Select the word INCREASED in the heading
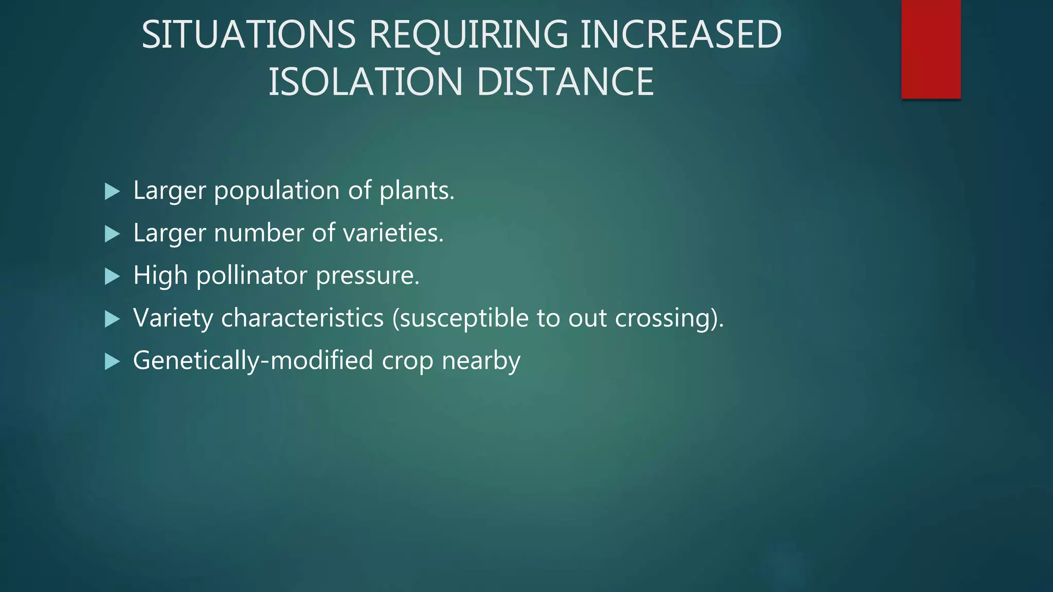(681, 35)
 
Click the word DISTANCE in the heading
(565, 82)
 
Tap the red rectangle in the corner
(931, 49)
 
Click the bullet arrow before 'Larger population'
(112, 192)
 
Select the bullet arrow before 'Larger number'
(112, 234)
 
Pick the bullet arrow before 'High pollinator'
(112, 277)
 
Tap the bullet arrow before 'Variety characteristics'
(112, 320)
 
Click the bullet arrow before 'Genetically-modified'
(112, 362)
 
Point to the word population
(276, 191)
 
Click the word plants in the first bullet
(416, 191)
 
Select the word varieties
(393, 233)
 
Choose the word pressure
(367, 276)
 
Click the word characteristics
(302, 318)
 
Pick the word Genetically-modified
(253, 361)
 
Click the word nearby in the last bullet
(481, 361)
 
